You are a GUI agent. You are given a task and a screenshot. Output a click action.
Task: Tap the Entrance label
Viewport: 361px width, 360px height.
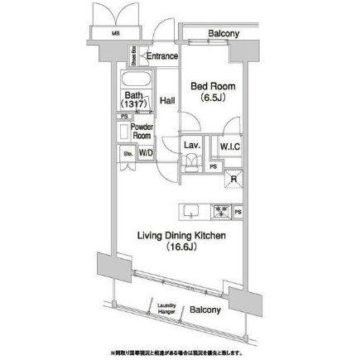(162, 56)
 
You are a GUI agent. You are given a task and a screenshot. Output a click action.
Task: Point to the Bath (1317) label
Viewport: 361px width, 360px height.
(133, 100)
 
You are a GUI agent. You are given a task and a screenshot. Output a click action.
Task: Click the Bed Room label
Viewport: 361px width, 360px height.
(214, 85)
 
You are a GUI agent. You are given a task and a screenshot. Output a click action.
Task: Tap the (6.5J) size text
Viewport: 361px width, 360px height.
(214, 98)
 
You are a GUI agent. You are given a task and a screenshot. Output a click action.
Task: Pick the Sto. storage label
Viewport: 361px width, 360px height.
(128, 153)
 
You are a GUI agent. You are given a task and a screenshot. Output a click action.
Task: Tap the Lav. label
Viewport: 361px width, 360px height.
(191, 145)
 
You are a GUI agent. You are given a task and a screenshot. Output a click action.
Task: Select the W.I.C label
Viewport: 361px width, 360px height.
(230, 146)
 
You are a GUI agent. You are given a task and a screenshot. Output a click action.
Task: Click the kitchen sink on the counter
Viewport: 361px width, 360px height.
(190, 211)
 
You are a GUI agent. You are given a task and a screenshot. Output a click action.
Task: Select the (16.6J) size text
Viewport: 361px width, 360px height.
(181, 247)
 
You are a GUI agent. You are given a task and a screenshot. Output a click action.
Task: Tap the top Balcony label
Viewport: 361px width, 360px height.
(224, 34)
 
